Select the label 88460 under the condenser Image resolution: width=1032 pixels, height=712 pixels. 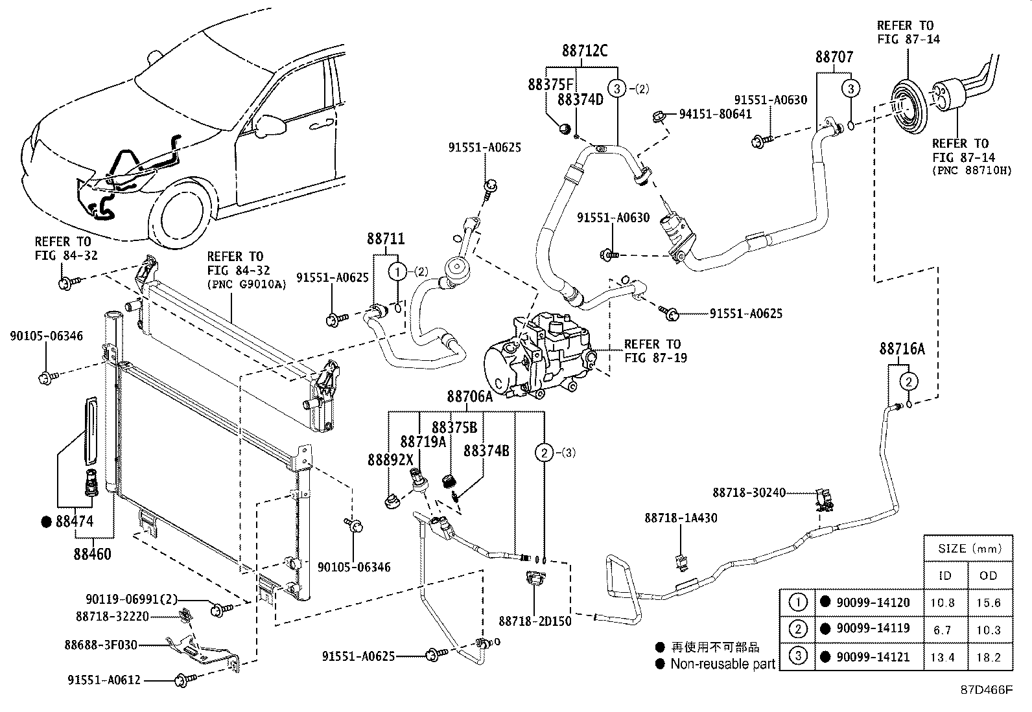pos(92,554)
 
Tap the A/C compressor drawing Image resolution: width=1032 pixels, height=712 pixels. pos(541,354)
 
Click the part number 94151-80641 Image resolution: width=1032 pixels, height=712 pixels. pos(715,114)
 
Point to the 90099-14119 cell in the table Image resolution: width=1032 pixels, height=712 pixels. pos(873,628)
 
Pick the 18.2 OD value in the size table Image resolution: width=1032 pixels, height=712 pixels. pos(988,657)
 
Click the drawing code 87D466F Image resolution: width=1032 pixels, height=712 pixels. pos(985,690)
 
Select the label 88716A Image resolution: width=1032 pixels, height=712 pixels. pos(902,349)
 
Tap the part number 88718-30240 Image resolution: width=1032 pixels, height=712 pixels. pos(748,493)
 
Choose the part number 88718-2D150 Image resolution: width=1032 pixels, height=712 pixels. pos(535,621)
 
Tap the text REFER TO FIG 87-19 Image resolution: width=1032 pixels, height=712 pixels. pos(652,350)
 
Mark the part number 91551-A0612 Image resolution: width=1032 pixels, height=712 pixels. pos(104,680)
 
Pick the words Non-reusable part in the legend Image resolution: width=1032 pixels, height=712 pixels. pos(722,663)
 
